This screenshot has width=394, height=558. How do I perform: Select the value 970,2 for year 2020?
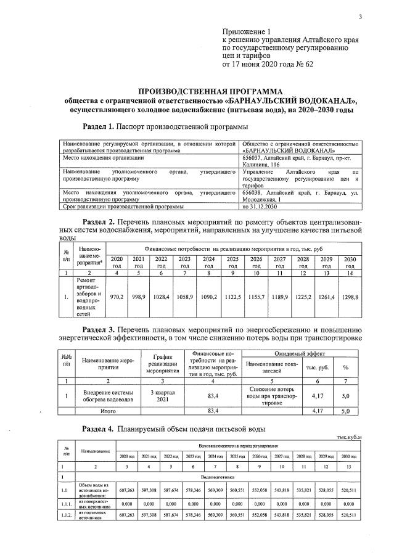[117, 297]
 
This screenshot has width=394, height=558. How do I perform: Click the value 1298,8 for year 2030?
[350, 297]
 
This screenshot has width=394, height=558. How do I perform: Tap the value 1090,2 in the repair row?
[209, 297]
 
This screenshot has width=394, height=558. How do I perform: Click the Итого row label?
[102, 410]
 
